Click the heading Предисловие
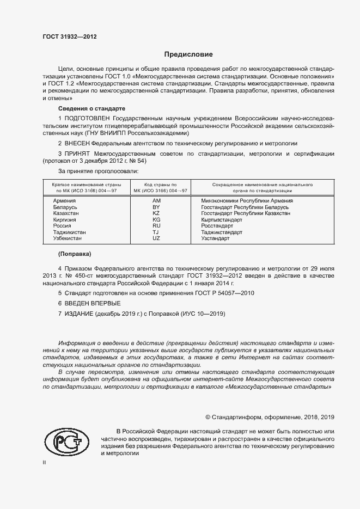click(x=188, y=54)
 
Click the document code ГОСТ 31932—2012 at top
click(x=70, y=37)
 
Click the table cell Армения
click(x=65, y=200)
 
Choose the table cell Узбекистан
click(x=68, y=238)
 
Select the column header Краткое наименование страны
click(x=83, y=185)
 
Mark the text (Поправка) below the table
click(x=75, y=254)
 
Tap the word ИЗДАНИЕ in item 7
click(x=80, y=314)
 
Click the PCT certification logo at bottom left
click(x=66, y=441)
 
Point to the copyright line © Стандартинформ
click(x=269, y=417)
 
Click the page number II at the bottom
click(x=45, y=462)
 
